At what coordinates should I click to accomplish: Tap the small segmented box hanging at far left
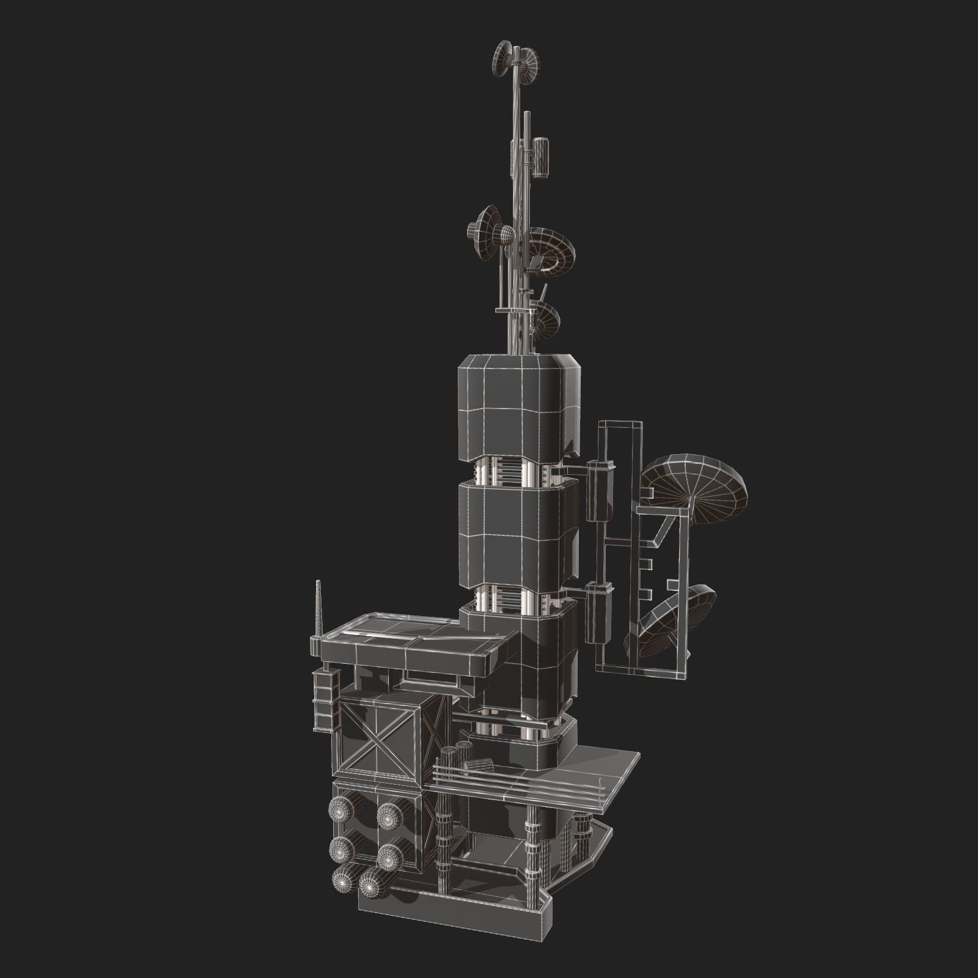325,700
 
